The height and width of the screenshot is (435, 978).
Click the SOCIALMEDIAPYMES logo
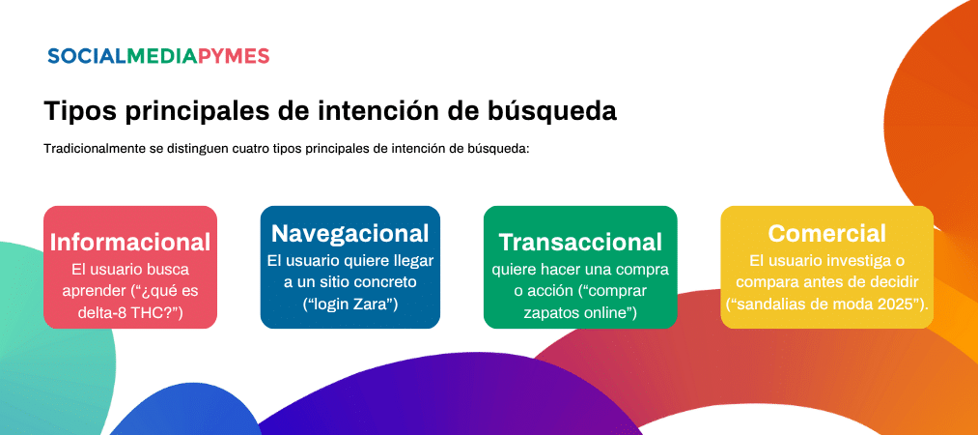(x=158, y=56)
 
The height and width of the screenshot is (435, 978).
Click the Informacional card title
(x=130, y=243)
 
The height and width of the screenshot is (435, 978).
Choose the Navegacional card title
(x=349, y=233)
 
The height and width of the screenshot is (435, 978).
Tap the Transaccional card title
(x=580, y=242)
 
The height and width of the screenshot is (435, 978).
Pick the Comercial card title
(x=826, y=233)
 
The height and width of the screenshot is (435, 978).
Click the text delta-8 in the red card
(x=98, y=312)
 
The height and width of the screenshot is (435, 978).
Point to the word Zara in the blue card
(x=373, y=304)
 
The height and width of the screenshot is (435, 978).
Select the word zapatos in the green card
(x=546, y=312)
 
